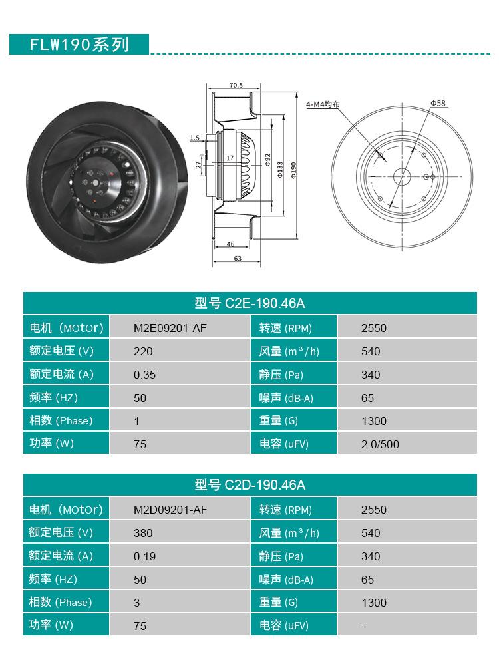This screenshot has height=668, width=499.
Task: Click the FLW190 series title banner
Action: [x=79, y=45]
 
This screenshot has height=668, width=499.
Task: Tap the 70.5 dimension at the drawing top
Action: [x=236, y=86]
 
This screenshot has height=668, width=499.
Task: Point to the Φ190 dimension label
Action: [x=293, y=169]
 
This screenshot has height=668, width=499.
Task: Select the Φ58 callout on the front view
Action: [x=438, y=103]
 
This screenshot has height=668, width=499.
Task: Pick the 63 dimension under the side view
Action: [x=237, y=259]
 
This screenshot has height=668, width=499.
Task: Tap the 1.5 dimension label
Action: [x=194, y=138]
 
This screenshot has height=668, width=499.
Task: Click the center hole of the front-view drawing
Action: [x=401, y=176]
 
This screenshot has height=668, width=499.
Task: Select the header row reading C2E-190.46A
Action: [x=250, y=303]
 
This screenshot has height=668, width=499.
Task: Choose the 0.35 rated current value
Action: [x=144, y=375]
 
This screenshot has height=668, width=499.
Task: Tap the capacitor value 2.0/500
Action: [x=380, y=444]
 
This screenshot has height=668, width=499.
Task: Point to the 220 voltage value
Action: [x=143, y=351]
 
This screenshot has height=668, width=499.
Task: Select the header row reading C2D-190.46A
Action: [x=250, y=485]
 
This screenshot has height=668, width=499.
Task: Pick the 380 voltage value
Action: [x=143, y=533]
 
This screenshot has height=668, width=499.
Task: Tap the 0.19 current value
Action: [x=144, y=556]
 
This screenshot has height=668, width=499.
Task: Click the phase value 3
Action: [x=136, y=603]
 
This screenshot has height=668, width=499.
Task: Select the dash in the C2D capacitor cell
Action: [x=363, y=626]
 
